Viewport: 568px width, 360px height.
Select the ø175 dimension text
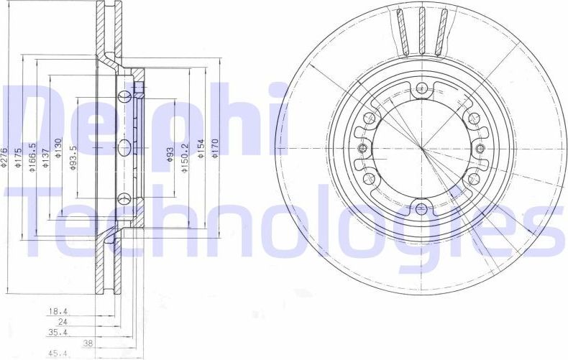coord(20,157)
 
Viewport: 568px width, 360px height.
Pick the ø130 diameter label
coord(59,147)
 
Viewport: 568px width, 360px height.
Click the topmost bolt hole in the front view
coord(421,89)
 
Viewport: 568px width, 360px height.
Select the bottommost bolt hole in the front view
coord(421,210)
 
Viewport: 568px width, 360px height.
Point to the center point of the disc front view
coord(421,149)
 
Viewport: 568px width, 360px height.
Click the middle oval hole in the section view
coord(124,148)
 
